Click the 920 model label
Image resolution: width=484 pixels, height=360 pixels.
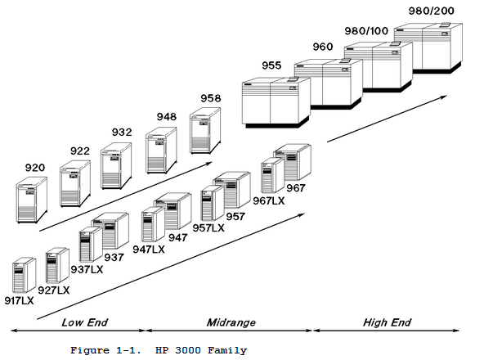click(x=35, y=168)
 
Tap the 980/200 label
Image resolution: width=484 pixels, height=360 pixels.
click(x=431, y=11)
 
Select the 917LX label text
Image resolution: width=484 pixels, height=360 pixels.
click(x=19, y=300)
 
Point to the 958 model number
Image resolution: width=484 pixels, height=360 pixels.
click(x=211, y=98)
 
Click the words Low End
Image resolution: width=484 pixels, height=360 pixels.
click(x=85, y=322)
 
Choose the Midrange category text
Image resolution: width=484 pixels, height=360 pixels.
click(x=231, y=322)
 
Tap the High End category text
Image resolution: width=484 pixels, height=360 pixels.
click(x=387, y=322)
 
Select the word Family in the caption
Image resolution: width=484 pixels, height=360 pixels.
click(x=227, y=351)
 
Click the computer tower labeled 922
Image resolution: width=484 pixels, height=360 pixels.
click(x=75, y=183)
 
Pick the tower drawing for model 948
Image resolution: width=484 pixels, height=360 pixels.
click(x=161, y=151)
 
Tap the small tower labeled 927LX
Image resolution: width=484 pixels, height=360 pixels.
click(x=57, y=265)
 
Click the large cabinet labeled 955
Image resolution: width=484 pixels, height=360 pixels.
click(x=276, y=102)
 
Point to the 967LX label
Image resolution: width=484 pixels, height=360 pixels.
click(x=269, y=201)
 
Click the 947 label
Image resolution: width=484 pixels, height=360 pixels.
click(x=178, y=237)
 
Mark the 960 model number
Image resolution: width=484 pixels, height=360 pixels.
click(x=323, y=47)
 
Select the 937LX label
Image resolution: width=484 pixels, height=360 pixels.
click(x=87, y=269)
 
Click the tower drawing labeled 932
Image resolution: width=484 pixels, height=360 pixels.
click(x=116, y=165)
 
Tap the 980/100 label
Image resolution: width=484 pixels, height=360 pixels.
click(x=366, y=31)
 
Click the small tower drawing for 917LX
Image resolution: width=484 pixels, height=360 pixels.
click(x=24, y=275)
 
